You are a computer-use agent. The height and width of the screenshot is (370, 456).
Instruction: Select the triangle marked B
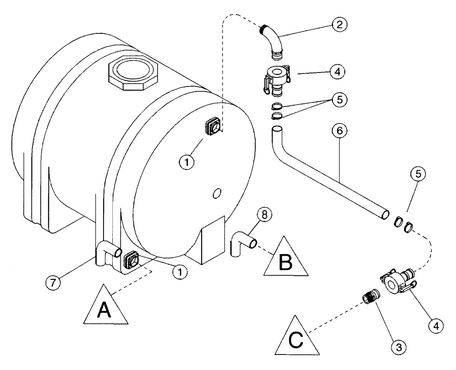click(x=285, y=258)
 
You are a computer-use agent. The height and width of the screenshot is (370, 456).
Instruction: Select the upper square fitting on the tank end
click(x=212, y=127)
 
